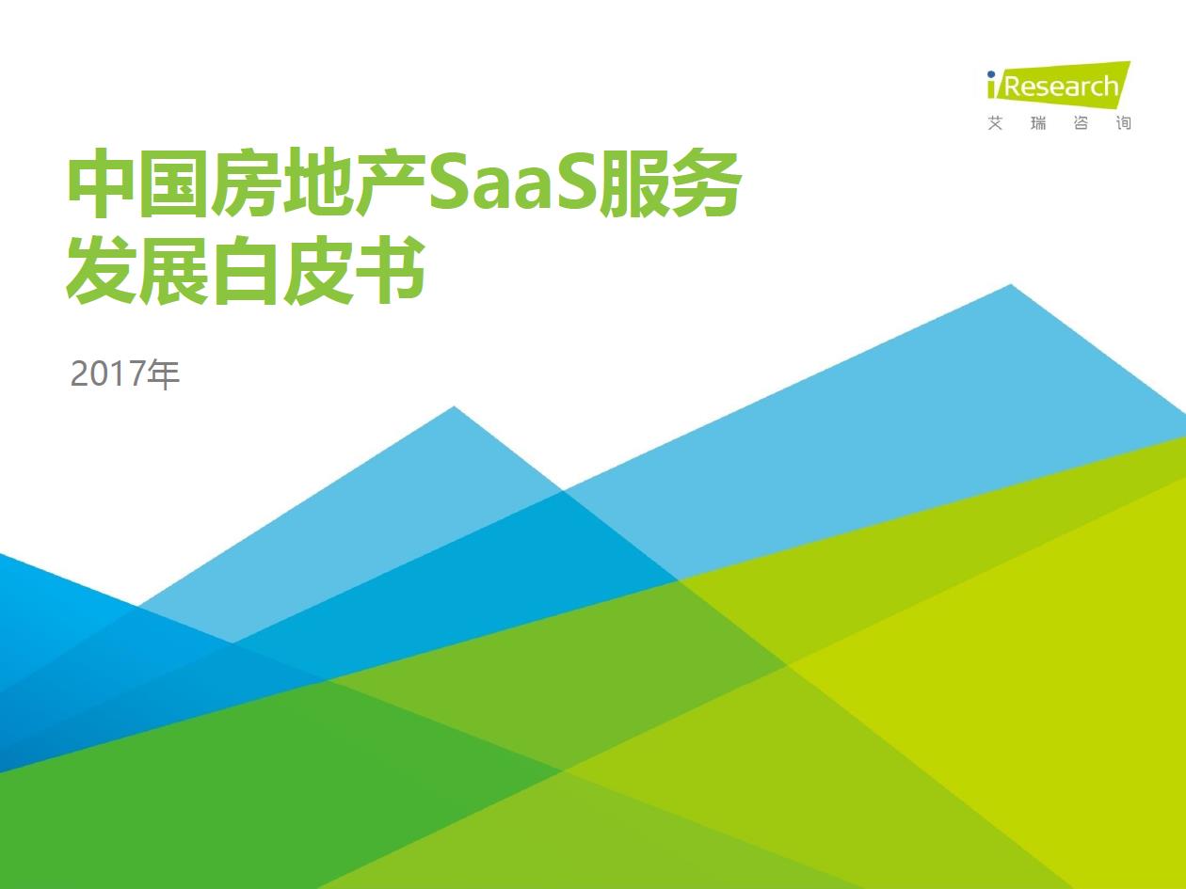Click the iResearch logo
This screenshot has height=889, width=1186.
pos(1058,86)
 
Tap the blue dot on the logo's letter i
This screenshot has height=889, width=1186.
pos(991,74)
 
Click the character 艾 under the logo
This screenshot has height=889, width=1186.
pos(996,123)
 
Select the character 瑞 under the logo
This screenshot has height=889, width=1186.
pos(1038,123)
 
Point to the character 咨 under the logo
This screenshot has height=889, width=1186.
pos(1081,123)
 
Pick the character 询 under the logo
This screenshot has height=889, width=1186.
pos(1123,123)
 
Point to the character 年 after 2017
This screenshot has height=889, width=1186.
pos(163,374)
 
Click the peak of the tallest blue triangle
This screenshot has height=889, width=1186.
pos(1011,286)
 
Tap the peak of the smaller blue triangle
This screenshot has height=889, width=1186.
pos(455,408)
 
